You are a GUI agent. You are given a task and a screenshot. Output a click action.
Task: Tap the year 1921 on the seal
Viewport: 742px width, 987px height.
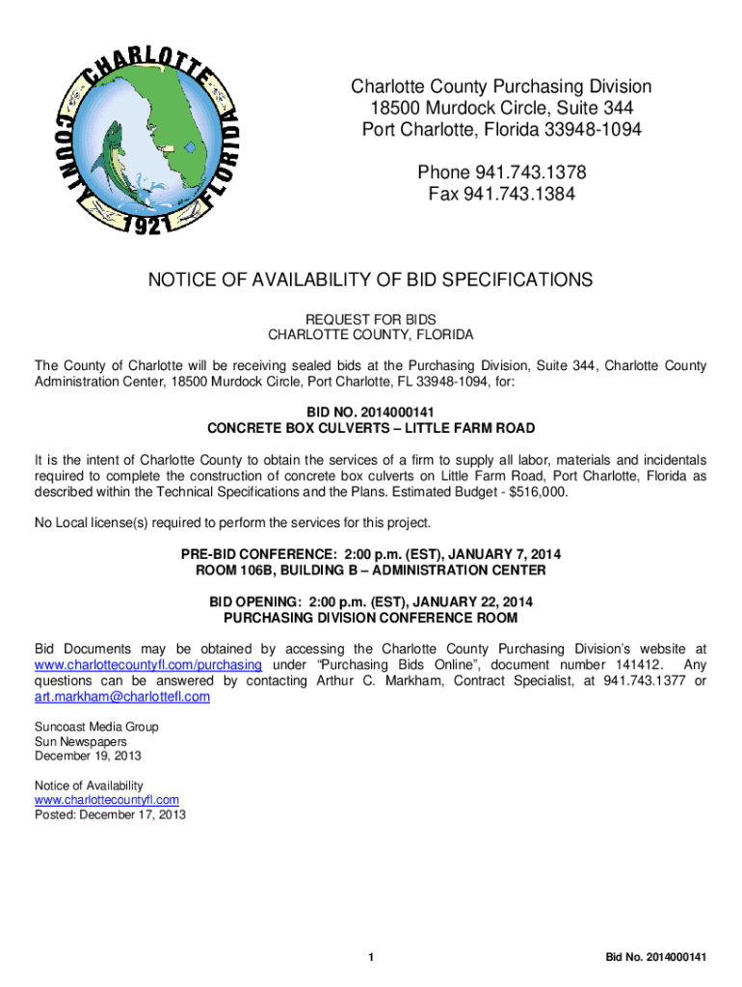[x=147, y=226]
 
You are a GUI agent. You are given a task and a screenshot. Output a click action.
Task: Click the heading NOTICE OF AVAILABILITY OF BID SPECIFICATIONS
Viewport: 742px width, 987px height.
[x=370, y=280]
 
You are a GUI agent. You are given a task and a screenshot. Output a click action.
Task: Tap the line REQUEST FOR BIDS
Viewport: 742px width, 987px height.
[x=370, y=319]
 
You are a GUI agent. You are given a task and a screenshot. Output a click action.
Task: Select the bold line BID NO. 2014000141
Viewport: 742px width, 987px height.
[x=370, y=411]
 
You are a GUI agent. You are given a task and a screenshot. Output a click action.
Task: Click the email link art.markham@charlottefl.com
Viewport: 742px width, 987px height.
[x=122, y=697]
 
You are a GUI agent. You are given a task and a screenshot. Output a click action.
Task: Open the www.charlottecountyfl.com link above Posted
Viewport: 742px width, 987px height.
[x=107, y=800]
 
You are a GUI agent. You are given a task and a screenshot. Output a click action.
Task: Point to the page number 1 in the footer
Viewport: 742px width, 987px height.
[x=371, y=957]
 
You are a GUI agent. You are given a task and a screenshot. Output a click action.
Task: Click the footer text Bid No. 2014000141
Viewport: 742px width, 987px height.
[x=656, y=957]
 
